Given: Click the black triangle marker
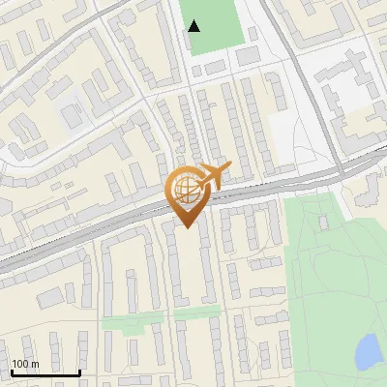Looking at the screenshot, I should coord(194,26).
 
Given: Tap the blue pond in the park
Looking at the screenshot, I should coord(369,352).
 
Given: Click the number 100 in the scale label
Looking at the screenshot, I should coord(20,364).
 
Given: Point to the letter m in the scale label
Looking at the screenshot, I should coord(35,364).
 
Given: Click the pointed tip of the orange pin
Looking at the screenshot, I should coord(187,227).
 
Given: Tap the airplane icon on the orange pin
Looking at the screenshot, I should coord(215,174).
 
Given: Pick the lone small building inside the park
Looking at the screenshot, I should coord(324,223).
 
